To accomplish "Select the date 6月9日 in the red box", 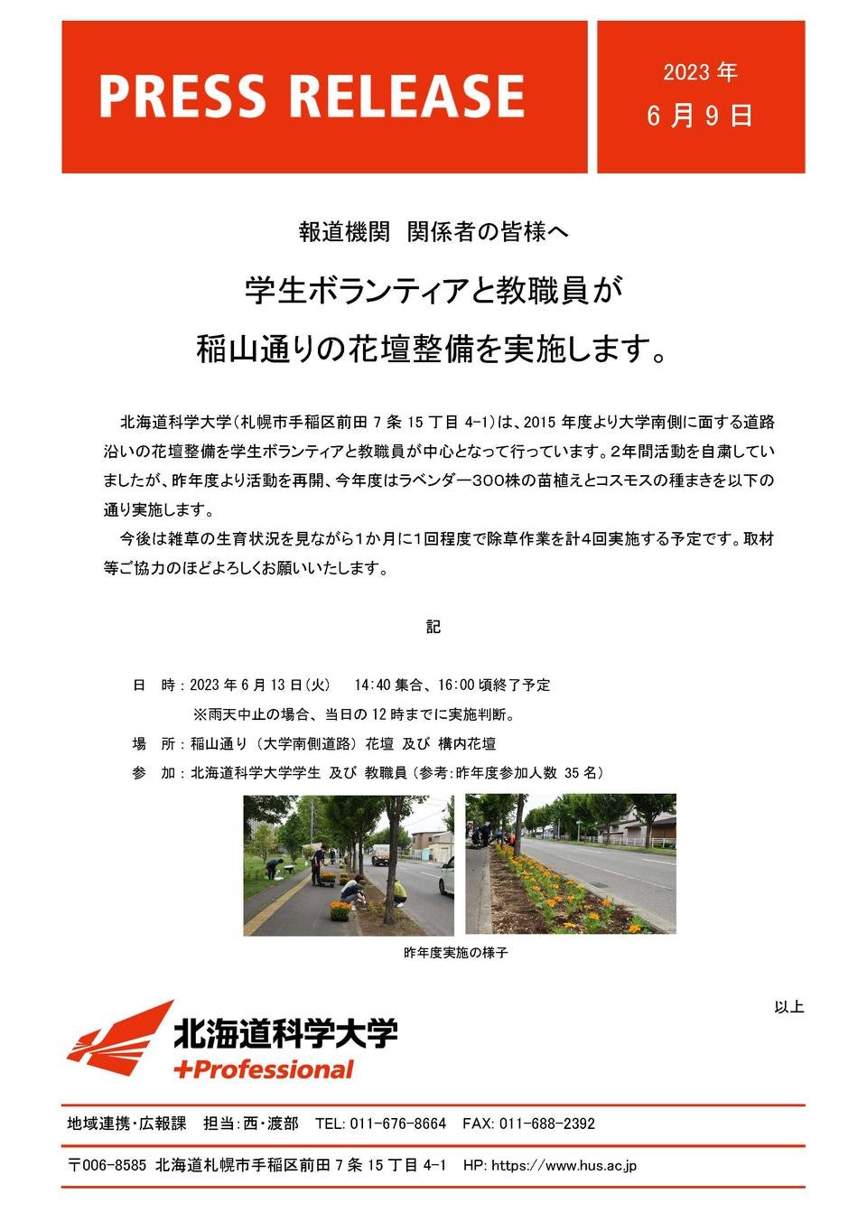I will click(700, 116).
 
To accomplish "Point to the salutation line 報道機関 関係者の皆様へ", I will click(433, 232).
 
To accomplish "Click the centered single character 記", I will click(433, 626).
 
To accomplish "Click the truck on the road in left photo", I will click(381, 854).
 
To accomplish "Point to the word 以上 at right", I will click(788, 1006).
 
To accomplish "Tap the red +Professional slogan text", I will click(263, 1070).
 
